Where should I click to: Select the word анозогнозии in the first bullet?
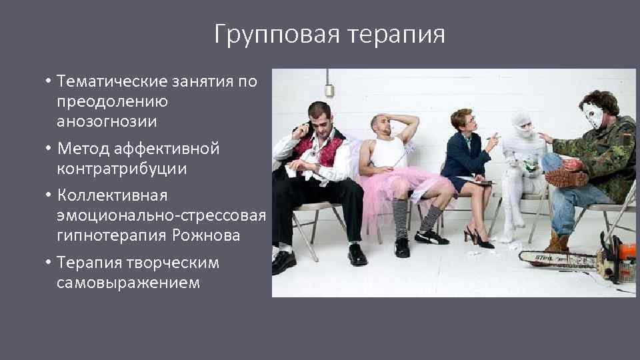107,121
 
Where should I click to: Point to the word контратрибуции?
121,169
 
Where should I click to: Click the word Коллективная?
112,196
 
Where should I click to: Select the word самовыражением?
128,283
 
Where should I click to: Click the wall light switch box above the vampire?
329,91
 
